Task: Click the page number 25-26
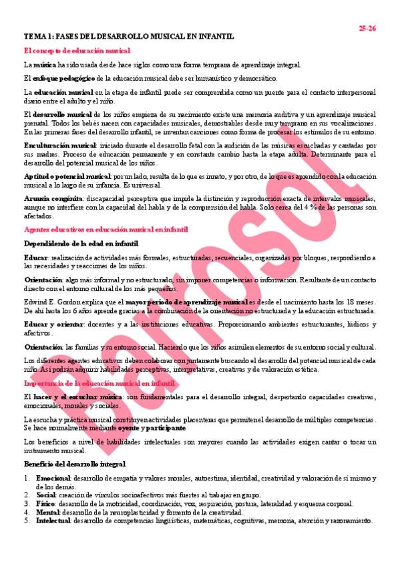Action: coord(367,28)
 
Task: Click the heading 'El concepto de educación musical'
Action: coord(77,51)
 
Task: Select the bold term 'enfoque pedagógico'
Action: coord(57,78)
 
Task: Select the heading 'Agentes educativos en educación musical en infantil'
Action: coord(105,229)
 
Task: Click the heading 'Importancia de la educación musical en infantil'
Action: coord(99,384)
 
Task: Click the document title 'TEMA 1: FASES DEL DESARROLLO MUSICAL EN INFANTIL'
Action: coord(129,37)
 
